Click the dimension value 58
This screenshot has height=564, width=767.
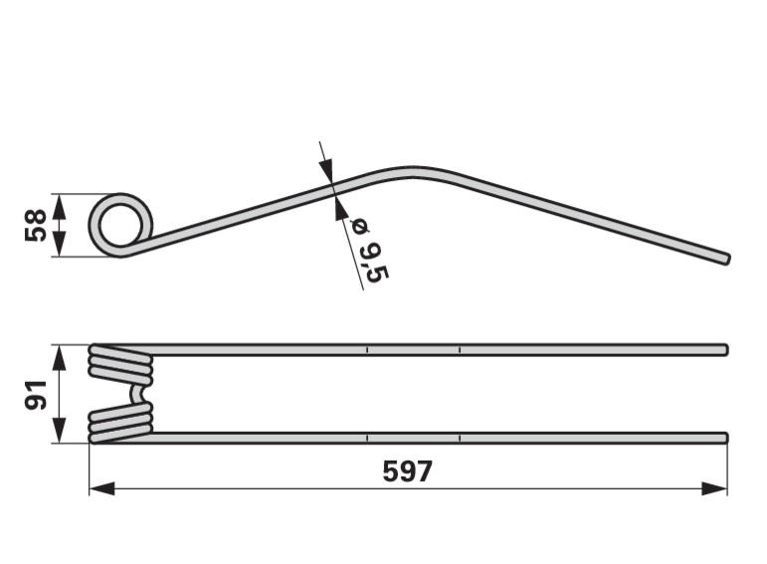click(x=35, y=225)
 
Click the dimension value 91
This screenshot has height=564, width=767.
click(x=35, y=395)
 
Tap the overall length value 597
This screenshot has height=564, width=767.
click(x=408, y=471)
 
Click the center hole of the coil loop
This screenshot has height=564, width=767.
click(x=121, y=226)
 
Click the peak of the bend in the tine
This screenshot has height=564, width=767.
click(x=413, y=171)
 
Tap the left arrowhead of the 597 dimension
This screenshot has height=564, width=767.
click(x=101, y=488)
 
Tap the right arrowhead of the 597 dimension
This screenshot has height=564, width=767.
click(x=714, y=488)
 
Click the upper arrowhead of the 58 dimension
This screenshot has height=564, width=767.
click(x=59, y=206)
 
